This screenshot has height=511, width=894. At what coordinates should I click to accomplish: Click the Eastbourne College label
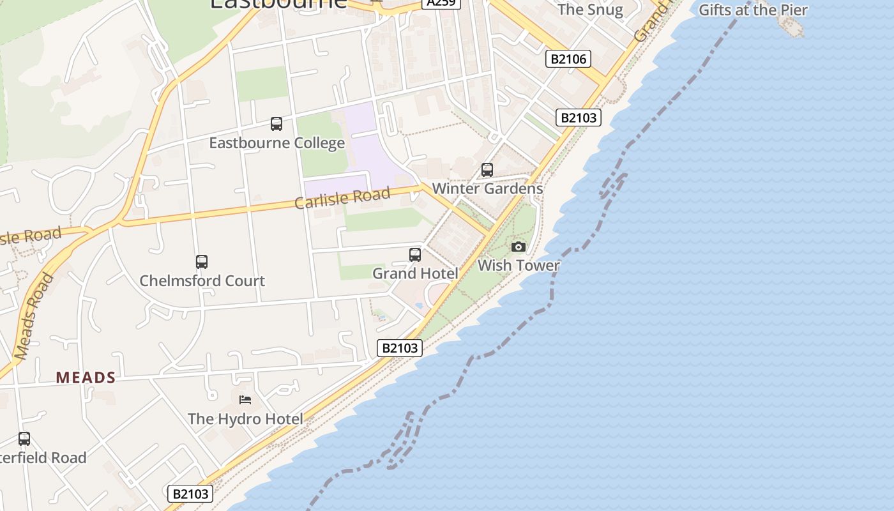coord(277,142)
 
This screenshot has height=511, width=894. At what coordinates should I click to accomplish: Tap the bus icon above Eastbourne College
coord(277,124)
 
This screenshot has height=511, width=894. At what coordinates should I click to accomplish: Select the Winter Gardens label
coord(487,188)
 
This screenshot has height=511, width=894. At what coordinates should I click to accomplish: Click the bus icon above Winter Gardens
coord(487,170)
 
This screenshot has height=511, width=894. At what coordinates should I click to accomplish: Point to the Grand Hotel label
coord(415,273)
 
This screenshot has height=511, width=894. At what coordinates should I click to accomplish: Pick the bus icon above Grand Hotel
coord(415,255)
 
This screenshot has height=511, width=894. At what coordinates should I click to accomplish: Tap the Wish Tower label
coord(519,265)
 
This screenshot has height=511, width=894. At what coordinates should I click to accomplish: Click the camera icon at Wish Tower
coord(519,247)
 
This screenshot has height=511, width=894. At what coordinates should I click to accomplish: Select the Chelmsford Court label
coord(202,280)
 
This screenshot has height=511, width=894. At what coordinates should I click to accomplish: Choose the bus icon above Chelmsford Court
coord(202,262)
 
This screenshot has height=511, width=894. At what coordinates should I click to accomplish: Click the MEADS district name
coord(86,378)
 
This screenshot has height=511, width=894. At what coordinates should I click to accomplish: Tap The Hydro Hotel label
coord(245,419)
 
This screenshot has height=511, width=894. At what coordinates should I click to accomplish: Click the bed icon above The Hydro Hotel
coord(245,400)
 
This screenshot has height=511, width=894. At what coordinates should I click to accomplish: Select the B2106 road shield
coord(568,59)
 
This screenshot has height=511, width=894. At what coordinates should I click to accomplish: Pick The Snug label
coord(589,10)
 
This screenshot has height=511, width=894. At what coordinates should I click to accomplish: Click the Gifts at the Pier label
coord(753,10)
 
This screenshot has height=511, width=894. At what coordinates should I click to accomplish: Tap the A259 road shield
coord(441,3)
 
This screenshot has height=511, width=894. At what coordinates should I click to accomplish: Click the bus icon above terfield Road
coord(24,439)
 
